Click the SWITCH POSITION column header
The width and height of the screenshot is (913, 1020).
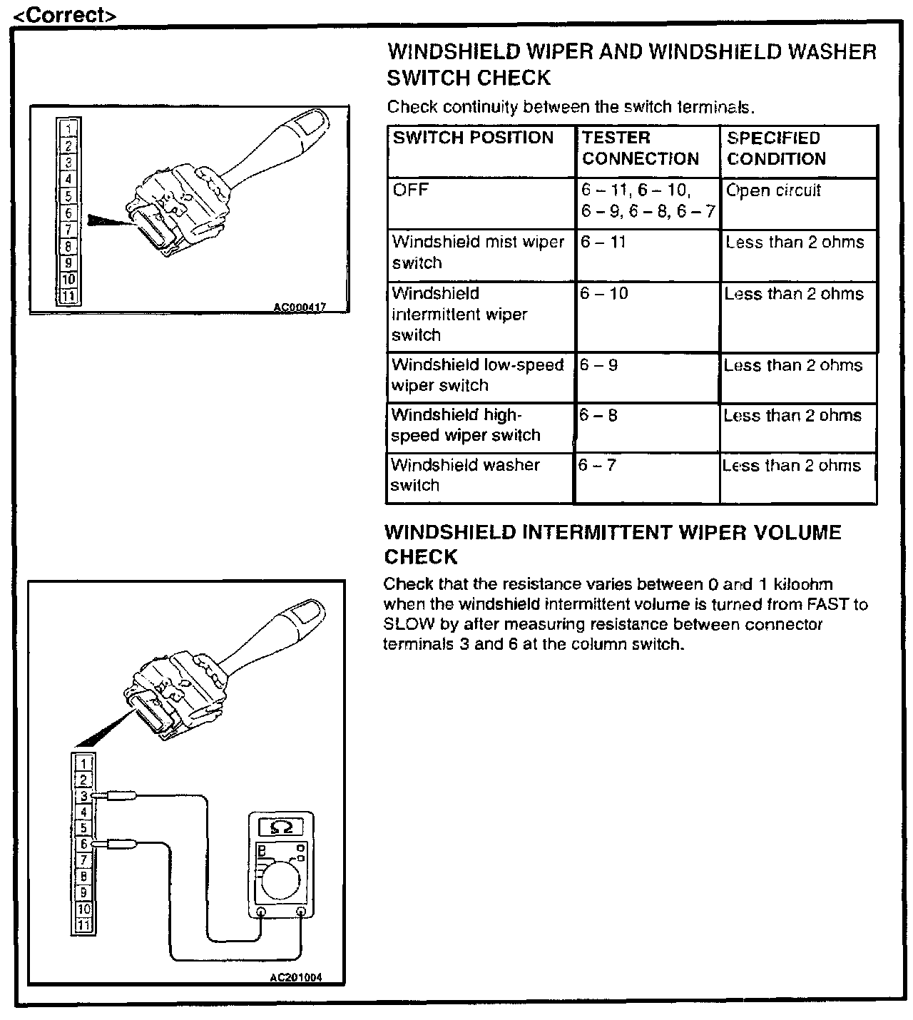point(473,138)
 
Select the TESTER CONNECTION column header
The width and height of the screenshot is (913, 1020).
point(640,148)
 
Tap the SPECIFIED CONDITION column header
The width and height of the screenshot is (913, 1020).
point(776,148)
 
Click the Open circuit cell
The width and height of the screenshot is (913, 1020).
point(773,190)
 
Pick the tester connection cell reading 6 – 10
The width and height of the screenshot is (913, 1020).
point(604,294)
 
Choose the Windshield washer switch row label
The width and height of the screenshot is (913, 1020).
point(464,475)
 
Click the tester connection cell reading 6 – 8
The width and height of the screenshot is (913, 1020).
point(598,415)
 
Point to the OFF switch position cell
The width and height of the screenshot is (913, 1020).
point(411,190)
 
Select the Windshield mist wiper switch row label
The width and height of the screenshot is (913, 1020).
point(478,253)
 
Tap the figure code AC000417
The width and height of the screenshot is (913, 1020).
point(300,307)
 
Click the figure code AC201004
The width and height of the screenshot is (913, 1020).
point(295,977)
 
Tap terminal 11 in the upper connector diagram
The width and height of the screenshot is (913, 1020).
point(68,296)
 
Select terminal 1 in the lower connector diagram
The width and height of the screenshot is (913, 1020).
point(83,763)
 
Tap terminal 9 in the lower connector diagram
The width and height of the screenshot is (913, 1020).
point(83,892)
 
